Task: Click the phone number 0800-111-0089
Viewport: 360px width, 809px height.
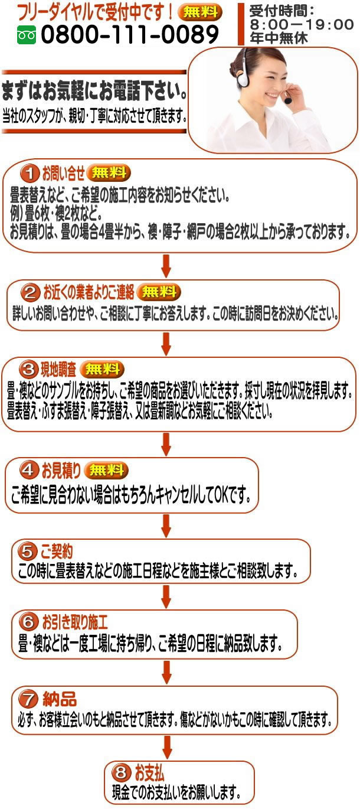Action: [130, 35]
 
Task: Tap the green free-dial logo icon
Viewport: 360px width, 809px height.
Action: [27, 36]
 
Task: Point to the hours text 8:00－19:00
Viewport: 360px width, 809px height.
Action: [302, 24]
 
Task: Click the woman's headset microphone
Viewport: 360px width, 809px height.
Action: [288, 100]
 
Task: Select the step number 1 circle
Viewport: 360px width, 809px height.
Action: [29, 174]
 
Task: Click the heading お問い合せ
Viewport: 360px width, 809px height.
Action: [63, 174]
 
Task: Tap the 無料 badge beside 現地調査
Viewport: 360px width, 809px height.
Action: [102, 370]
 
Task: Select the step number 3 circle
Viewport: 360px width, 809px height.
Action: [28, 370]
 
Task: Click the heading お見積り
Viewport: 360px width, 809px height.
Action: [61, 471]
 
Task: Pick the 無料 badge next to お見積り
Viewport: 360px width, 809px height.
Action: [106, 471]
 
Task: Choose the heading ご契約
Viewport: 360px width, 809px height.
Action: [56, 552]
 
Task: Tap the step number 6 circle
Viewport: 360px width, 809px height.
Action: [28, 622]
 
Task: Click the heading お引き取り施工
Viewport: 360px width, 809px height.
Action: [74, 621]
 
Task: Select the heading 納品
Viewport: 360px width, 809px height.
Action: [60, 699]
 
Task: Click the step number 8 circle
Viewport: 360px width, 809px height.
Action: [121, 772]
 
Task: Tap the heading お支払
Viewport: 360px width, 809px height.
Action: [149, 772]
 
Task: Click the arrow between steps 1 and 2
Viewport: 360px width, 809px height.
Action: [166, 265]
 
